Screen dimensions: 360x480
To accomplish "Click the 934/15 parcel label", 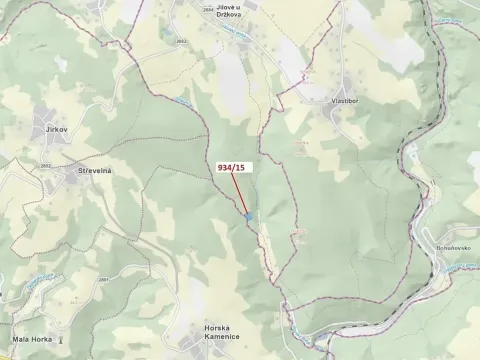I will [x=230, y=168].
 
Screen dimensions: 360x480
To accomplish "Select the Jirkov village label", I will [x=55, y=130].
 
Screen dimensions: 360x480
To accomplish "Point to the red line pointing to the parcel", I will [x=239, y=194].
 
